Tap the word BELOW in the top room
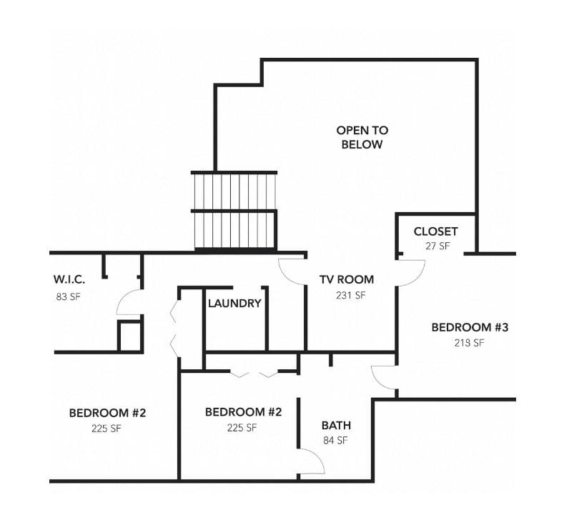pos(362,144)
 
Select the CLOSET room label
pos(435,231)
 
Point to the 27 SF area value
pos(437,246)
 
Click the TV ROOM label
pos(347,279)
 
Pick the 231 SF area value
pos(350,296)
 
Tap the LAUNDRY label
pos(234,303)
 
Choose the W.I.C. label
pos(69,279)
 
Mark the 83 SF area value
pos(68,296)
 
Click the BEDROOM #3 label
pos(470,327)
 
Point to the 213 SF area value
pos(469,343)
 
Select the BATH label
pos(336,425)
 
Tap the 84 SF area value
pos(335,441)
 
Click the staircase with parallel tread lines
pos(234,211)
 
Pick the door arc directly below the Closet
pos(418,277)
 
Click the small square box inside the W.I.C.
pos(129,336)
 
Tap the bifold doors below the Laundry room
pos(254,374)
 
